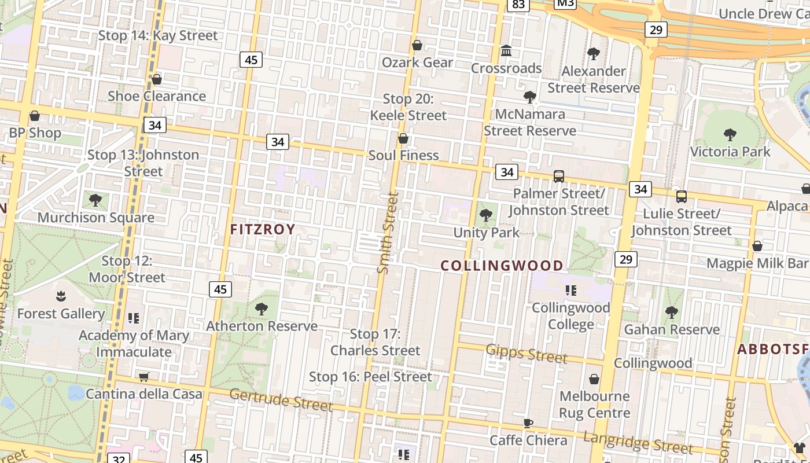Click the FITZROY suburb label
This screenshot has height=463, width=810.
tap(263, 229)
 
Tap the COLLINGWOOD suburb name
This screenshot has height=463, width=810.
tap(502, 266)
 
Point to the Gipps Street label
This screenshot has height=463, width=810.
tap(526, 353)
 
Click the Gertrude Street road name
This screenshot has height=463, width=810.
tap(281, 399)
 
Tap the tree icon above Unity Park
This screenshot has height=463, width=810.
tap(486, 215)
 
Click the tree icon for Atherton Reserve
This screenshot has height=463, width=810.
tap(262, 308)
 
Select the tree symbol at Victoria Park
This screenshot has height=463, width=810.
tap(730, 135)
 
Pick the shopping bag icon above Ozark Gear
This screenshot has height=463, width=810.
tap(417, 45)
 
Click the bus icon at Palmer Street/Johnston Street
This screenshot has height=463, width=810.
tap(558, 176)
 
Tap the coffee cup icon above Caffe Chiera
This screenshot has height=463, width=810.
tap(528, 423)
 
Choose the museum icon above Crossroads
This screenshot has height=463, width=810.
tap(506, 51)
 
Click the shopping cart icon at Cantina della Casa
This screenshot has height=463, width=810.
tap(144, 377)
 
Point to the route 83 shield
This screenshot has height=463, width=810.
tap(518, 5)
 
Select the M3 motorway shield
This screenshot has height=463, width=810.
tap(565, 3)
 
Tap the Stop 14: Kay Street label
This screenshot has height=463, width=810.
tap(158, 35)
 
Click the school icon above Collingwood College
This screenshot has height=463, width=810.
tap(571, 291)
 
